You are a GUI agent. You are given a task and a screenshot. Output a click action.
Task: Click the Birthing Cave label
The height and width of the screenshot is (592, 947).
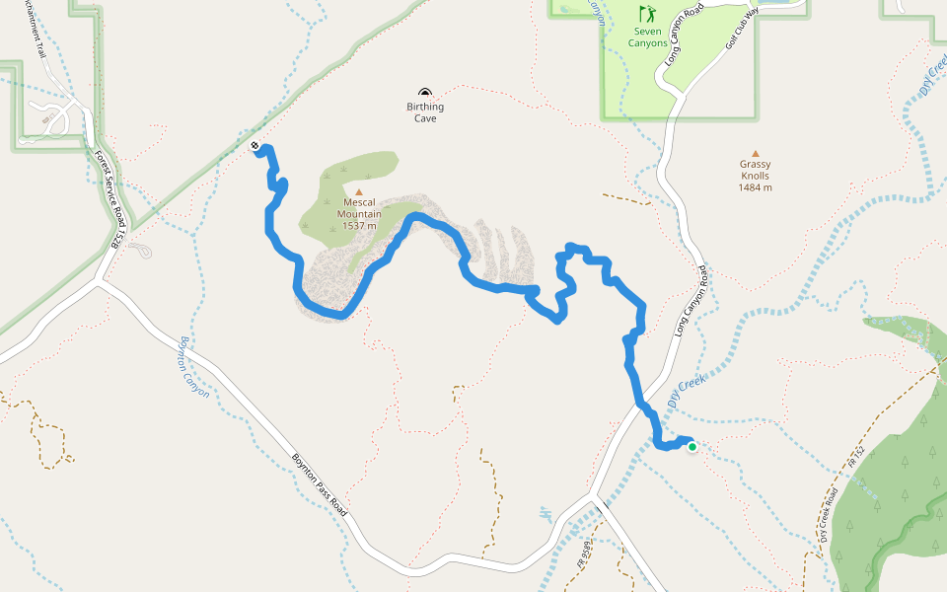425,112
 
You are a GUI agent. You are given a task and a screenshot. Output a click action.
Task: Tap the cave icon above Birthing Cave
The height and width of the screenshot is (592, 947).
425,93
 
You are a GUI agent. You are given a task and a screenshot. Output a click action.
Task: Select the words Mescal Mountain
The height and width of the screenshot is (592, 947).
359,207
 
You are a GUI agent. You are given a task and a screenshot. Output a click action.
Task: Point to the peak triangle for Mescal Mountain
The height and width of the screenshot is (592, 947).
359,192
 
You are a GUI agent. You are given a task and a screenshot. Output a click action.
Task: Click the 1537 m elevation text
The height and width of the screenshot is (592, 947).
359,226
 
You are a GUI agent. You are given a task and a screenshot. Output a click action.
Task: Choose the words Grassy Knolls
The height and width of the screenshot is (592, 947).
755,170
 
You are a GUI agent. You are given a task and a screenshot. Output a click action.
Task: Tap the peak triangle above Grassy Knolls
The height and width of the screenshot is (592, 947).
756,153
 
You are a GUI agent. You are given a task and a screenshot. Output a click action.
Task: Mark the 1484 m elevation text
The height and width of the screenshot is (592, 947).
755,187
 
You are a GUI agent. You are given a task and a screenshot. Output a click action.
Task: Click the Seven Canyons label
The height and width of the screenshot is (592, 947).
648,37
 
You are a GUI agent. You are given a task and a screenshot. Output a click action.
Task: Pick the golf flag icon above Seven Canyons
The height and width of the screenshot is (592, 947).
647,14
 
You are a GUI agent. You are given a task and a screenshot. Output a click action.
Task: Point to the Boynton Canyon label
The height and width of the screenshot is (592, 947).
193,366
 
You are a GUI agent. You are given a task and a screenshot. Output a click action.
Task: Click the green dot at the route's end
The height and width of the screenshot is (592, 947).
692,447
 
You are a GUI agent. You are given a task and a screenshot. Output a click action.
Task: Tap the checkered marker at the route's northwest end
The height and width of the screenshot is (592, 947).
255,146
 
